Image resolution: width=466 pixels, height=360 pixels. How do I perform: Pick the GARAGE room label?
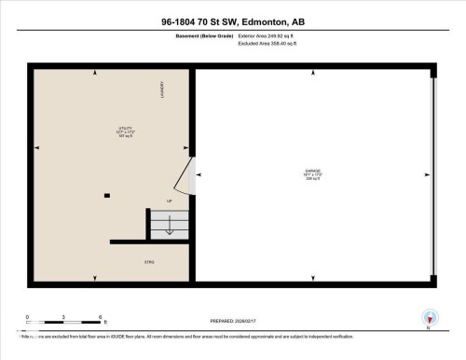[311, 173]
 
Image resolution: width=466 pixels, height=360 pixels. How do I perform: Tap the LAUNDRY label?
[161, 90]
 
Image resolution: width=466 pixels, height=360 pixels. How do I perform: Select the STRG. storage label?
[149, 264]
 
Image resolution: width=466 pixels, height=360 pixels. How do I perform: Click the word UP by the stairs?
[169, 201]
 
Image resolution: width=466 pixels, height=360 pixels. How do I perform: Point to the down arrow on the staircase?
[169, 225]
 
